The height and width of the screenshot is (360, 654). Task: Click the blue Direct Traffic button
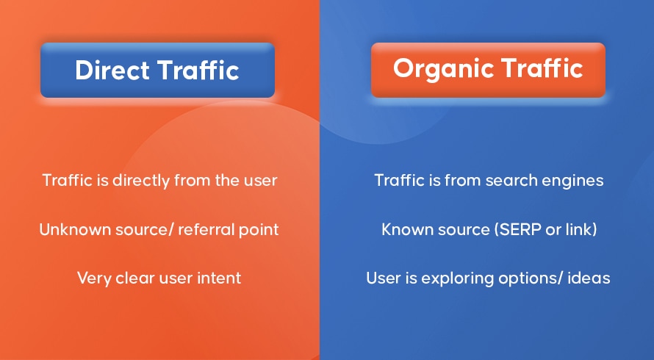point(158,70)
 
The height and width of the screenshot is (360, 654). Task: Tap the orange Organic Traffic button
point(488,70)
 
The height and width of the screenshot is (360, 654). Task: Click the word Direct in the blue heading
point(112,70)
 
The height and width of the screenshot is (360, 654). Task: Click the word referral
point(202,229)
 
